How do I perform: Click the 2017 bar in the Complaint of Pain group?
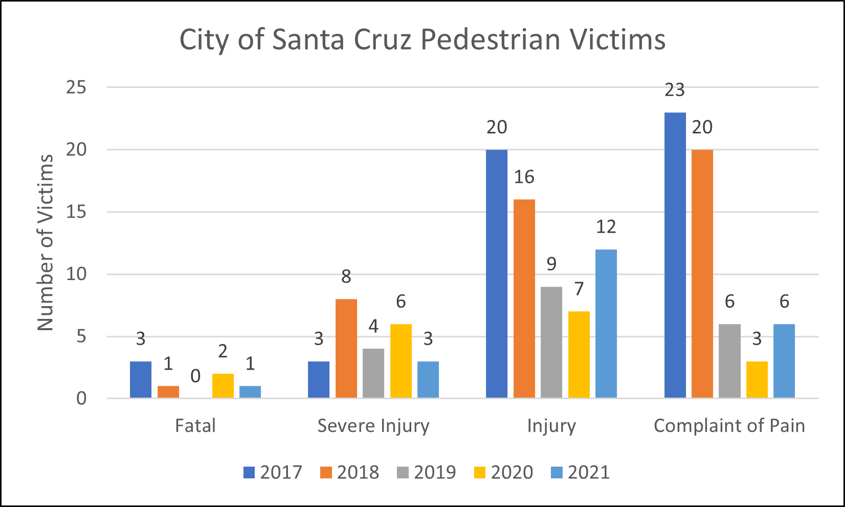click(675, 255)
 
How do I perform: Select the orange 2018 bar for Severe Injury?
click(346, 348)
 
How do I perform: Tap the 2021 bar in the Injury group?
click(606, 324)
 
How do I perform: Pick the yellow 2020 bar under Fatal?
click(223, 386)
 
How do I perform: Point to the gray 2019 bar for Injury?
click(551, 342)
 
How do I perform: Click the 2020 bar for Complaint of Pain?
click(757, 379)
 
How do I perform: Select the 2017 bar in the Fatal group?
click(141, 379)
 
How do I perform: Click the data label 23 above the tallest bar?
click(675, 90)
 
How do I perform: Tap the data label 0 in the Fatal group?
click(195, 377)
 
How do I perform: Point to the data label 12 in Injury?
click(606, 226)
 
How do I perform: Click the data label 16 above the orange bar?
click(524, 177)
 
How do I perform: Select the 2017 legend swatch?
click(249, 472)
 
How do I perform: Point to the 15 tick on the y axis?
click(76, 212)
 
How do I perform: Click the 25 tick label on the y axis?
click(76, 87)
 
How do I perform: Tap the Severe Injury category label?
click(373, 426)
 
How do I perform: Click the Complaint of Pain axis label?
click(729, 426)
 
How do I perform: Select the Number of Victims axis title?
click(46, 243)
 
